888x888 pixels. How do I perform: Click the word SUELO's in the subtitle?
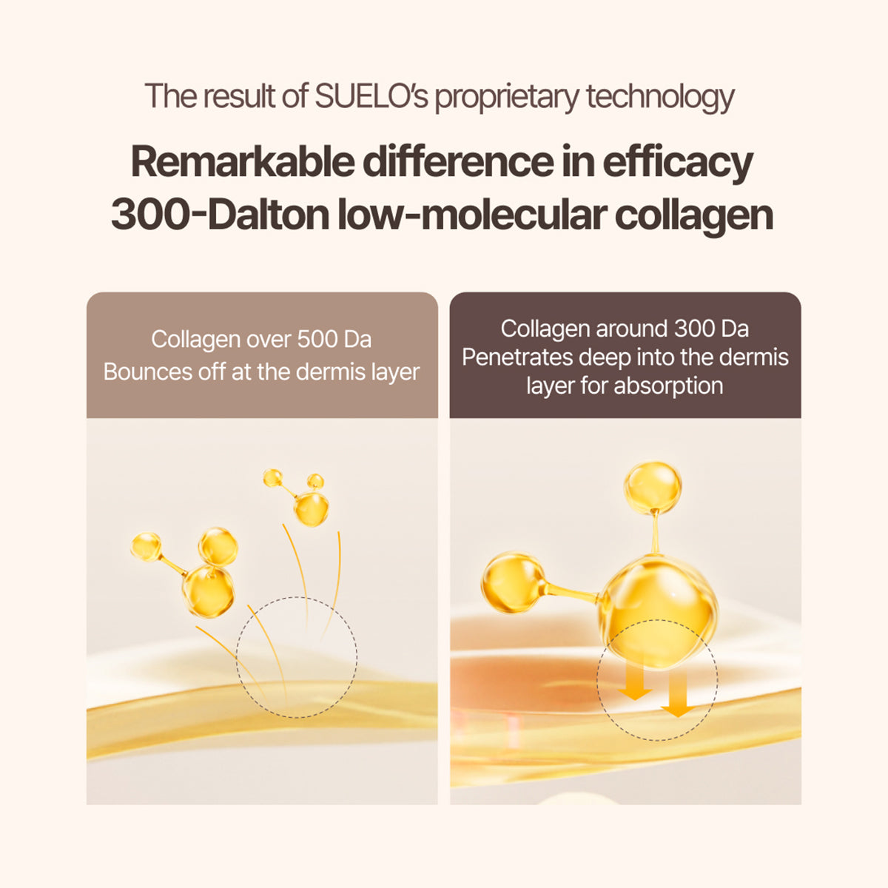(372, 97)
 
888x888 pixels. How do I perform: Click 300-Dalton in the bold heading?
(219, 215)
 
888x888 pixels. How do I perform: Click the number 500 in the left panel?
(317, 340)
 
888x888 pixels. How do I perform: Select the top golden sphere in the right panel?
(652, 487)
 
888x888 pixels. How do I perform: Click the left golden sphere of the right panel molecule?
(511, 582)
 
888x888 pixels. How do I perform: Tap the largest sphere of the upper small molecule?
(312, 509)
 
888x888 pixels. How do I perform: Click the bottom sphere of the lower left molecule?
(208, 591)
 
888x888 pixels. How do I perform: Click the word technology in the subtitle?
(660, 97)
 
